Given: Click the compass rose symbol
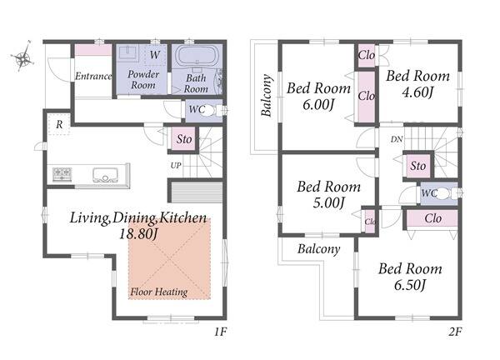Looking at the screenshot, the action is (x=22, y=57).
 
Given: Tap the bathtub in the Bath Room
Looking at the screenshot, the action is (x=197, y=56).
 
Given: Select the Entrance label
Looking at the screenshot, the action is (x=93, y=76).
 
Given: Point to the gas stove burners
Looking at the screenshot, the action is (x=62, y=174).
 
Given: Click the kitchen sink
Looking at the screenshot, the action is (x=105, y=175).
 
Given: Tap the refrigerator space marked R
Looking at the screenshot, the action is (x=58, y=124).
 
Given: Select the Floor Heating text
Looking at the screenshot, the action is (x=159, y=292).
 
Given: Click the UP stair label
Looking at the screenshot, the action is (x=176, y=166).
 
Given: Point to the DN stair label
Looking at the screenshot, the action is (x=397, y=139).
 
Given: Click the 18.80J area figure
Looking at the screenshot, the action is (x=138, y=234).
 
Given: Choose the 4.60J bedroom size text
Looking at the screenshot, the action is (x=417, y=92).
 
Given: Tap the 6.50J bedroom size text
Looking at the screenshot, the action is (x=410, y=285).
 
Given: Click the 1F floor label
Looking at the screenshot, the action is (x=220, y=332).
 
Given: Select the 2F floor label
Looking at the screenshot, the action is (x=455, y=332).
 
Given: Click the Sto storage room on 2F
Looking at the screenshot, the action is (x=418, y=166).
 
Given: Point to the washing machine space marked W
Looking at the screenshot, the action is (x=154, y=55).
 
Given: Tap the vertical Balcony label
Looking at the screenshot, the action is (x=267, y=95).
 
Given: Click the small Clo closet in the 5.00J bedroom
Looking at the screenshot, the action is (x=370, y=221).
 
